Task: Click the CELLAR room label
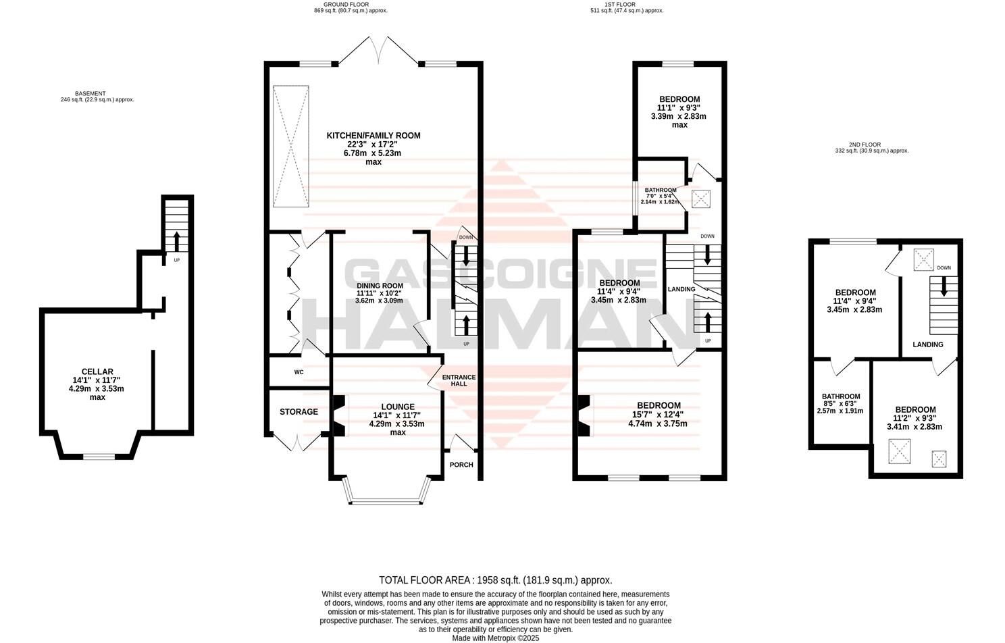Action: [97, 371]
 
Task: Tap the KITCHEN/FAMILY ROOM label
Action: [373, 136]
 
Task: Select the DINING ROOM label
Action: [380, 286]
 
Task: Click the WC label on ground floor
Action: [299, 372]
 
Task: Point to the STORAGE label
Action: [299, 411]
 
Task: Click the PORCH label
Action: [461, 465]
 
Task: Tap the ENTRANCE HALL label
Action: [459, 381]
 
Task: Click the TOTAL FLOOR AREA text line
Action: [495, 580]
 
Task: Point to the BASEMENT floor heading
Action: [91, 94]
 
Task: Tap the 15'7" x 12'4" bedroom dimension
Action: [659, 415]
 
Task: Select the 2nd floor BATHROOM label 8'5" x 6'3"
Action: [840, 396]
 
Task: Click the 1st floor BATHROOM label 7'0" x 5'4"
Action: [660, 190]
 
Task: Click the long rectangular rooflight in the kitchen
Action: [290, 147]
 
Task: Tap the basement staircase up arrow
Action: [177, 240]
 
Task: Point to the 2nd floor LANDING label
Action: [927, 344]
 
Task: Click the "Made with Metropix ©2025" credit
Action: [495, 638]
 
